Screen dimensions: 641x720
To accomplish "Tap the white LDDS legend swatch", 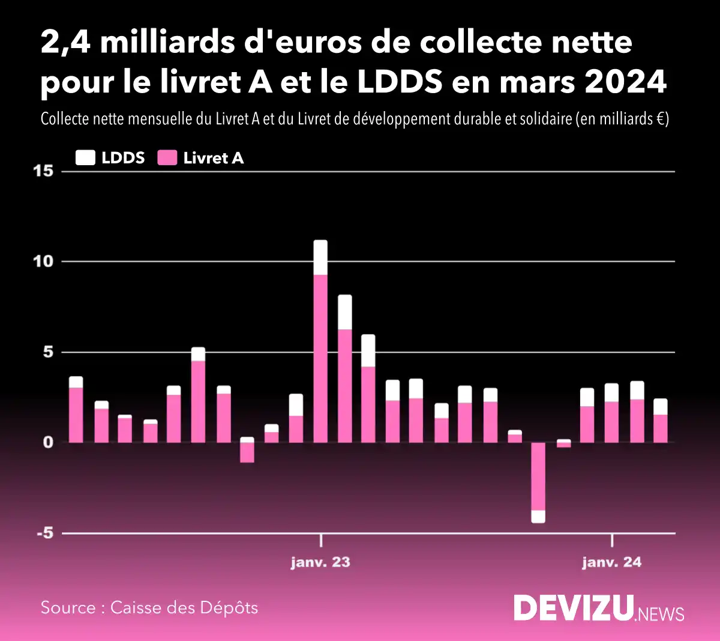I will point(85,158).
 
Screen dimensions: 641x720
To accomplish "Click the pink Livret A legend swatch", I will point(167,158).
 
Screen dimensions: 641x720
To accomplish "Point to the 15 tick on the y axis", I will point(43,171).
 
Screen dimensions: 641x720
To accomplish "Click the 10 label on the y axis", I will point(43,261).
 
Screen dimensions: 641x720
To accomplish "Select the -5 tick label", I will point(43,533).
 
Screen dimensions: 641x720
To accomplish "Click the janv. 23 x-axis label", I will point(320,562).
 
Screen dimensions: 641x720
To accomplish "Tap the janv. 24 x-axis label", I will point(611,562).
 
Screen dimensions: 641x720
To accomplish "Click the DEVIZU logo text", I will point(573,608).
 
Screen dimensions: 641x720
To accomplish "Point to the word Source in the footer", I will point(68,608).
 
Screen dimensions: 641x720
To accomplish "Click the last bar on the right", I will point(660,421).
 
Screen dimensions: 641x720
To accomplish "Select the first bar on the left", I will point(76,410).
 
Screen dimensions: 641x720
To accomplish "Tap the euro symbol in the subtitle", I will point(659,119).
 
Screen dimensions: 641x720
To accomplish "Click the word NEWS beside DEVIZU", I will point(661,614).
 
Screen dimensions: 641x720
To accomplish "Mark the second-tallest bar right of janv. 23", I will point(345,369).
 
